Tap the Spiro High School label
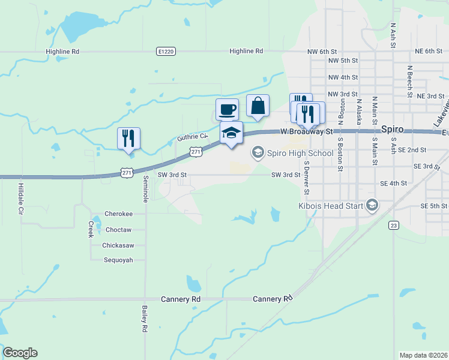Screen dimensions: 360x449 click(300, 153)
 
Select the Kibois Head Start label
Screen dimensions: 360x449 click(331, 206)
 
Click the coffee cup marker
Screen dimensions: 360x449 click(227, 109)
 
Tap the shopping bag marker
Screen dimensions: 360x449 click(258, 106)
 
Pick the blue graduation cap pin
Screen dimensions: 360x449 click(231, 133)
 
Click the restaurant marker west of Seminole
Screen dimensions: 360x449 click(128, 138)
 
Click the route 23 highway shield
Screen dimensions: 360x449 click(393, 225)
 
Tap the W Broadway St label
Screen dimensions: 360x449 click(306, 131)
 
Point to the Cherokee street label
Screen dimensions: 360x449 click(118, 214)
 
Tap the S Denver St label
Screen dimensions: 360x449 click(306, 177)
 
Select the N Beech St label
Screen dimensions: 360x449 click(409, 81)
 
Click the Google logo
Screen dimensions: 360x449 click(20, 353)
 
